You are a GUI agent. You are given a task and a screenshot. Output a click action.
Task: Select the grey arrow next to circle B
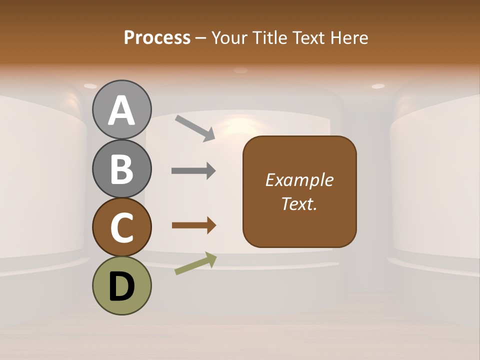pos(193,171)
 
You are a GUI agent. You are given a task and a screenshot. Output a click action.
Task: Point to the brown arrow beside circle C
pos(193,225)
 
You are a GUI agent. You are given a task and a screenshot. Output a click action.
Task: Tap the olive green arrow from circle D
pos(195,263)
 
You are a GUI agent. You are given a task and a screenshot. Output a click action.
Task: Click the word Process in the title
pos(157,37)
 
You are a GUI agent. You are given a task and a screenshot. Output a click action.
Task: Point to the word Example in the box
pos(299,180)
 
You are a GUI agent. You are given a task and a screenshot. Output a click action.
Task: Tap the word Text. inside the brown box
pos(299,204)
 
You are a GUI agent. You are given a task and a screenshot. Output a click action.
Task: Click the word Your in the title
pos(229,37)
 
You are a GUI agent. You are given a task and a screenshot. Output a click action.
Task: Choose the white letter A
pos(122,111)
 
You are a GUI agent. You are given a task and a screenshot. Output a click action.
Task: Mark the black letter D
pos(122,287)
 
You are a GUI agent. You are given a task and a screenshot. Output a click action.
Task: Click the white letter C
pos(122,228)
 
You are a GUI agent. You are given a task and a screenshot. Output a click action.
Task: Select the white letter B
pos(122,169)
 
